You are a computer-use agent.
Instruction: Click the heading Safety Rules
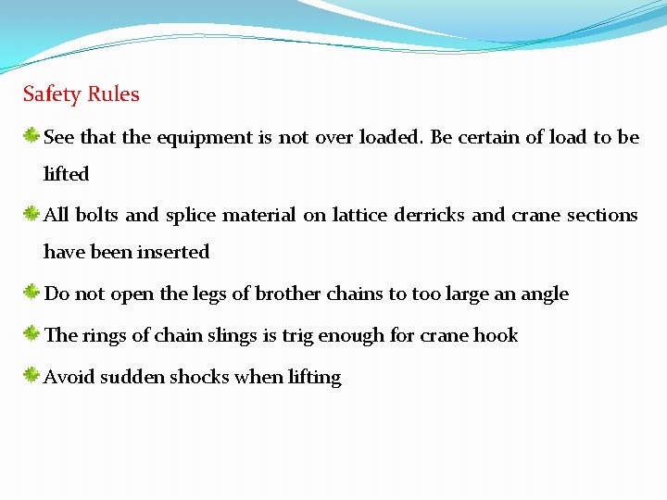82,94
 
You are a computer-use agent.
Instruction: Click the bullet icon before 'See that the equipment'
31,137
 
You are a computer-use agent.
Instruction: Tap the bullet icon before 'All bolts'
31,215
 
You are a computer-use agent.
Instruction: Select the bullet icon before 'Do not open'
31,294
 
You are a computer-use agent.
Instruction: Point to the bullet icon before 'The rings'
31,334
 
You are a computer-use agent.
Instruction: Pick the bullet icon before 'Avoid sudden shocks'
31,376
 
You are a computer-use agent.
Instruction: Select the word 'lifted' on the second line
67,174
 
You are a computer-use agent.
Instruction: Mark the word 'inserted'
174,252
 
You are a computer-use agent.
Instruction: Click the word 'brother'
287,294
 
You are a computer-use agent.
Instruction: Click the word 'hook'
498,335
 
